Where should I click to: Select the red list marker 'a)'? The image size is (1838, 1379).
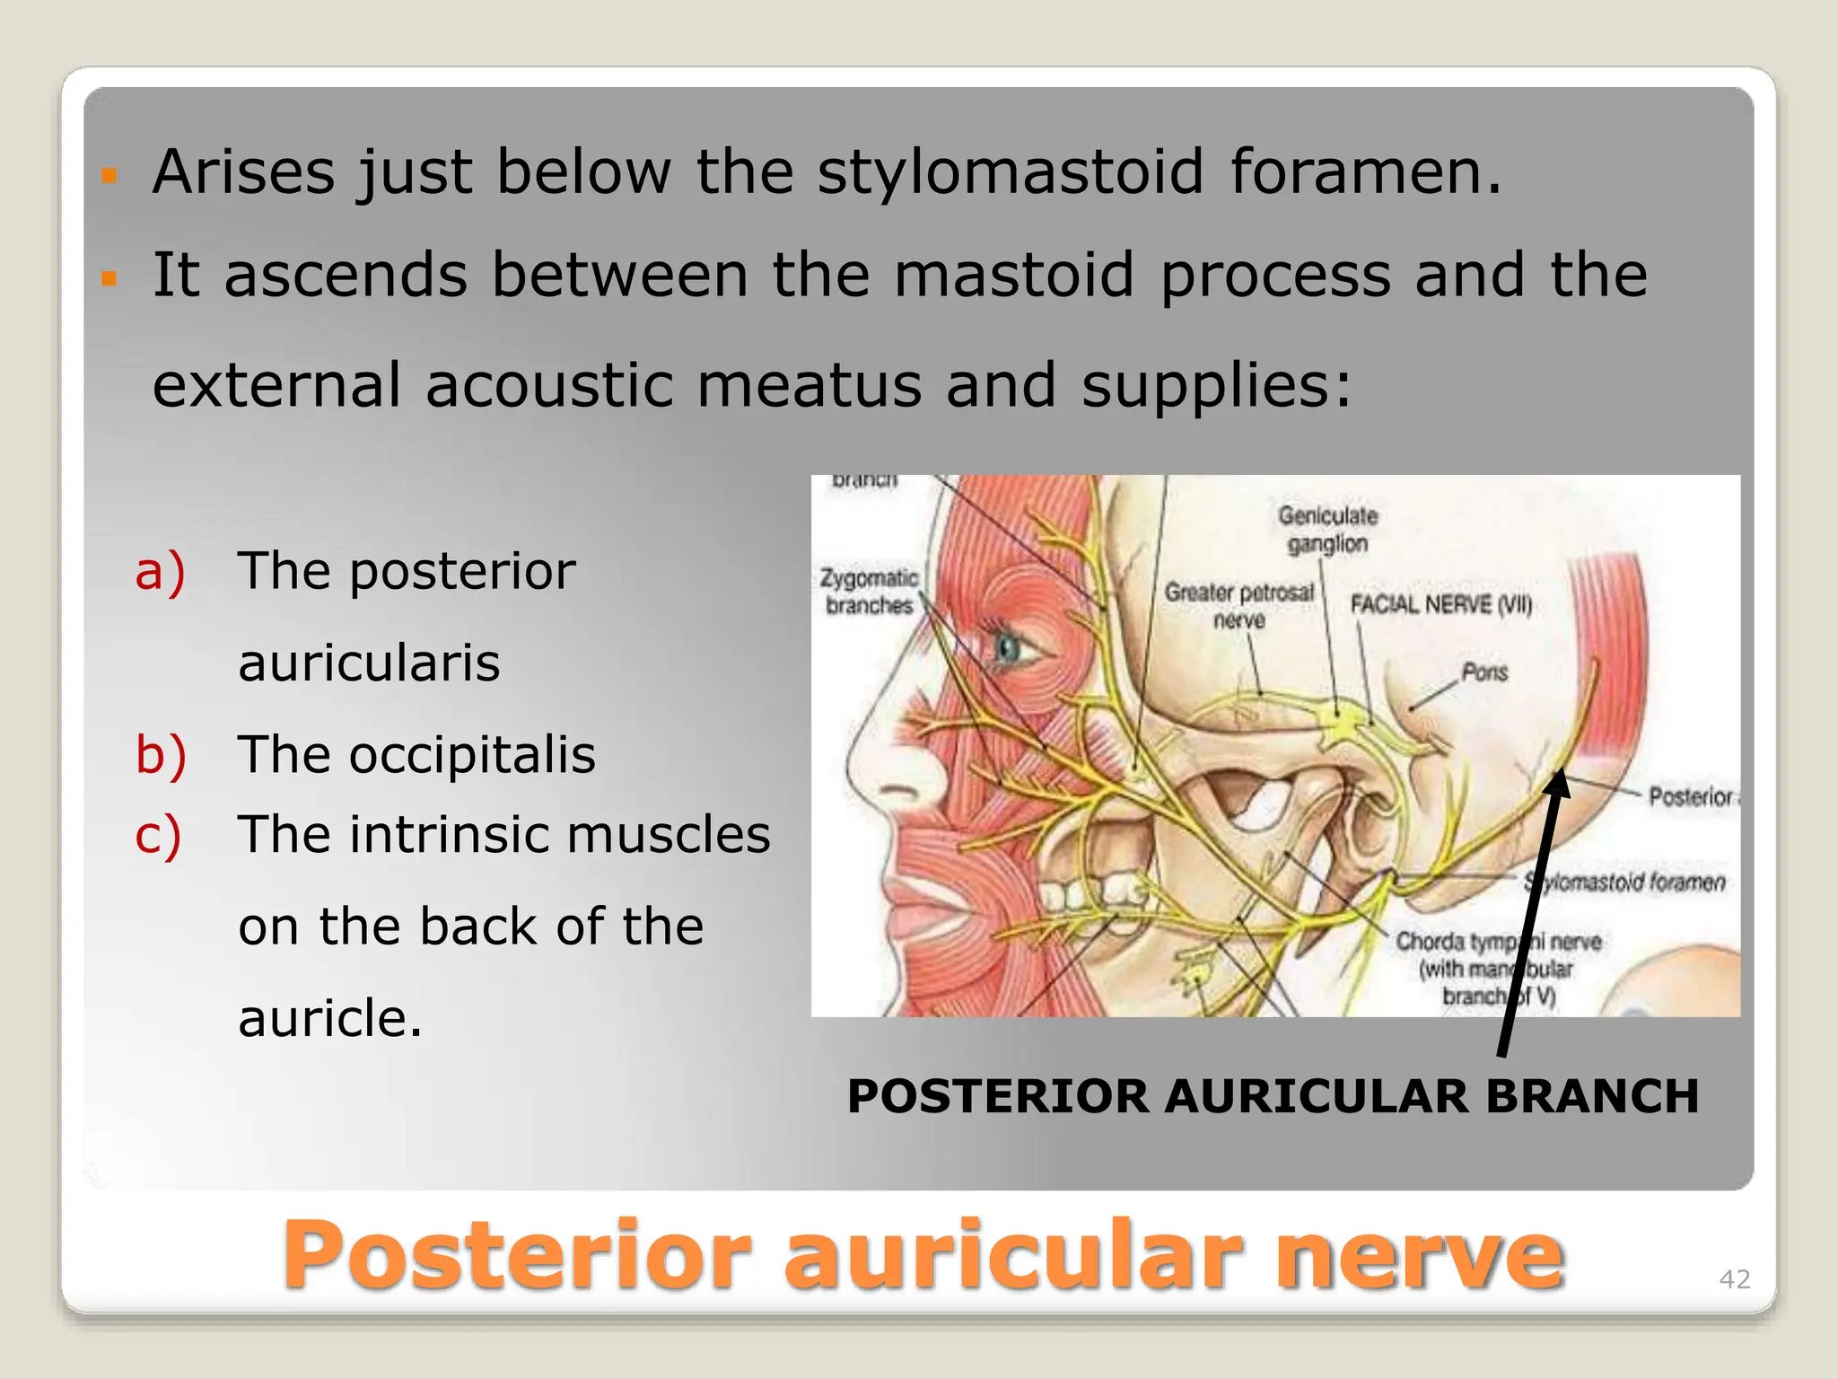(x=160, y=571)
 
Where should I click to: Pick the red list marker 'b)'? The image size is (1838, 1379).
(x=161, y=754)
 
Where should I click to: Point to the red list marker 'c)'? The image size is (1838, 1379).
(x=158, y=835)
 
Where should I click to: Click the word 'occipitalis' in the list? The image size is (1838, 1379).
(x=472, y=754)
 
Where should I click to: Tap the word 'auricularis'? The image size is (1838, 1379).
(x=369, y=663)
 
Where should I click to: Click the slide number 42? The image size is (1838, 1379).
(x=1734, y=1278)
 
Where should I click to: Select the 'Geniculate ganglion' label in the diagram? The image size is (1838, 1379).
(x=1327, y=530)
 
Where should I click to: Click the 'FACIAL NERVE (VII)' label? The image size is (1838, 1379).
(x=1441, y=604)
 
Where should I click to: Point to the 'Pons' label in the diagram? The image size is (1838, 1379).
(x=1484, y=672)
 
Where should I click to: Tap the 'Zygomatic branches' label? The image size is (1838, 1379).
(x=869, y=592)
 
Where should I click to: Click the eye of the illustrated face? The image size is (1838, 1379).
(x=1011, y=646)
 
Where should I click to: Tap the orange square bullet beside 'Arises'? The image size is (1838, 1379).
(x=109, y=174)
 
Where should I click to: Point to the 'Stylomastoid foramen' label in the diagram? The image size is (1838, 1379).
(x=1624, y=883)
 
